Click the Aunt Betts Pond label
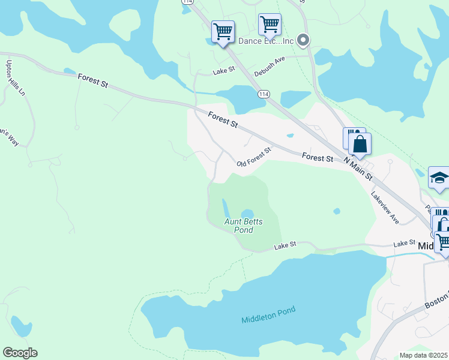pos(244,226)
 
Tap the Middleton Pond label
pos(269,314)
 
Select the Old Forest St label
pos(254,157)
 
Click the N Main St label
pos(358,169)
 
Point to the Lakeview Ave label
pos(385,208)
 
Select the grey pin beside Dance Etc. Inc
pos(303,41)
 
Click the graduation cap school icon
pos(439,178)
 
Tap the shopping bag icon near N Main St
pos(360,145)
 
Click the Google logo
pos(20,353)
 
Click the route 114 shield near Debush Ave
pos(264,94)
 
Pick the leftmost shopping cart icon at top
pos(223,31)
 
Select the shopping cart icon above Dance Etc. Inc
pos(270,24)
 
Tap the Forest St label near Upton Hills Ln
pos(92,80)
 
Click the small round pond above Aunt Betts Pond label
pos(247,214)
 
